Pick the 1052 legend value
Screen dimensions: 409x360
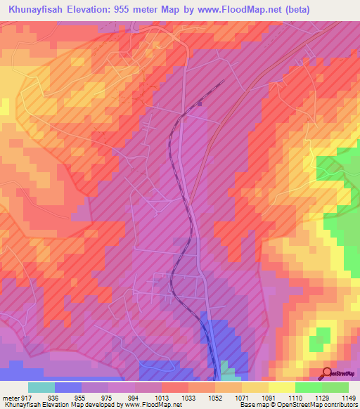pos(212,397)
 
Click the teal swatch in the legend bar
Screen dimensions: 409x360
pos(41,387)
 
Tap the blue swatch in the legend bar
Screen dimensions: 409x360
pos(67,387)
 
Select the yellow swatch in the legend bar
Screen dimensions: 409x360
pos(281,387)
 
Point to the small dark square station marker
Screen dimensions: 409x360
pos(200,103)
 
